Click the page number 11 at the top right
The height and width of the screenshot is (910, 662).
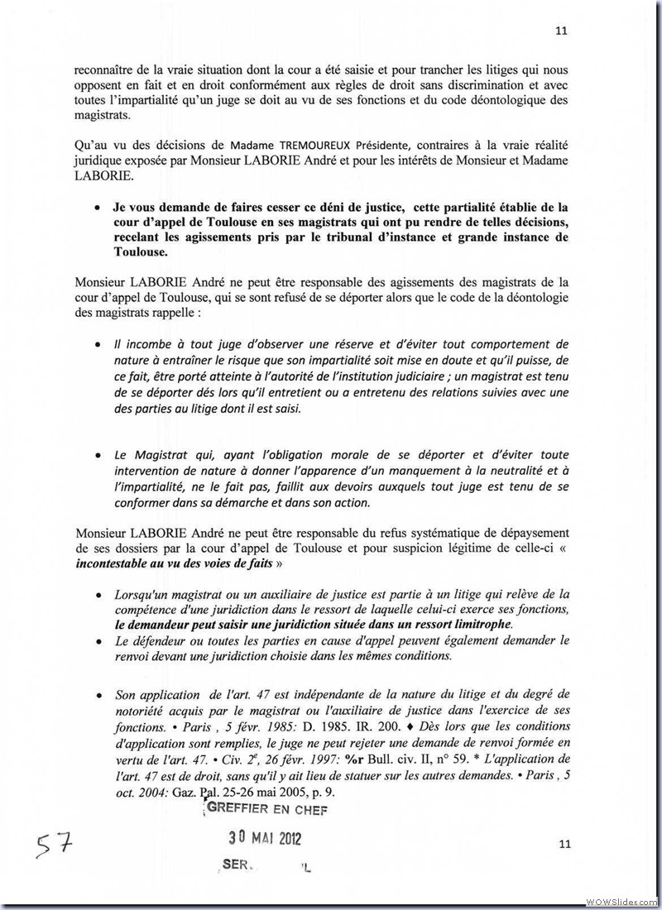coord(560,31)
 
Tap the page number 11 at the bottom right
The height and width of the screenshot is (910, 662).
coord(566,844)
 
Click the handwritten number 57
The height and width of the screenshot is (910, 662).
coord(54,846)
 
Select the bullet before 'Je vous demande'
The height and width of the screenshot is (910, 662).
coord(99,208)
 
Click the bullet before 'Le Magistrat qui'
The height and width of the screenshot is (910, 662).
coord(99,456)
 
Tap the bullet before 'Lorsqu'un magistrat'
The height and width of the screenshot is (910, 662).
coord(99,594)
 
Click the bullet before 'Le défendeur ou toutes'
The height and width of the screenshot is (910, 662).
coord(99,641)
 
